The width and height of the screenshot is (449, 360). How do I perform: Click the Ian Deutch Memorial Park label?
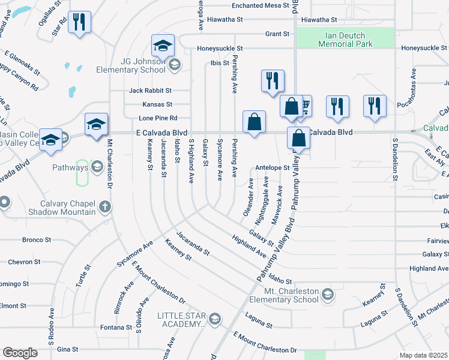point(345,40)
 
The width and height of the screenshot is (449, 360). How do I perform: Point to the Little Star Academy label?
point(181,320)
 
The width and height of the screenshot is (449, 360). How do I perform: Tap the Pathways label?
point(70,167)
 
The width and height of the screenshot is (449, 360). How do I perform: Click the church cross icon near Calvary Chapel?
point(105,208)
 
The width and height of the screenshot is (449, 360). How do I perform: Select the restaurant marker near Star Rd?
point(79,23)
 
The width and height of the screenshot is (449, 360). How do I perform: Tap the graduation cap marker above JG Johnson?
point(161,46)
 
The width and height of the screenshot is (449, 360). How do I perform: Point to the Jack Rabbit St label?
point(150,91)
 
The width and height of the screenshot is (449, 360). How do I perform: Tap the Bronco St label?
point(37,240)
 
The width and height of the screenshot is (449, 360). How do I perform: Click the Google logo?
point(20,353)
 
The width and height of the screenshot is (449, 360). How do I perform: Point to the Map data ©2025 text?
point(423,355)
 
